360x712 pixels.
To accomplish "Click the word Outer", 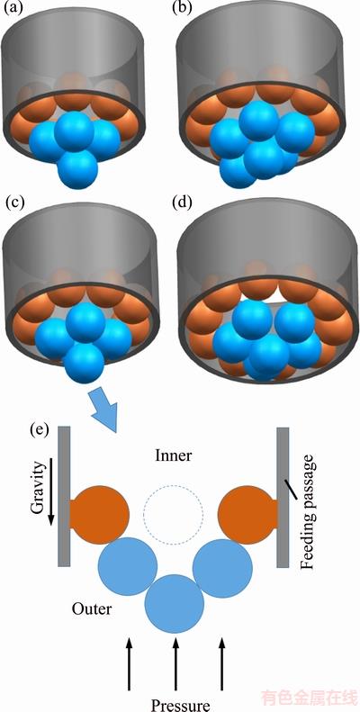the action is [91, 608].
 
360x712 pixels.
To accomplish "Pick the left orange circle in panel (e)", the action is [99, 515].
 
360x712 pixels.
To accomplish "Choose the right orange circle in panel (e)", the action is [247, 515].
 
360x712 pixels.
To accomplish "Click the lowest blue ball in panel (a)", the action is [78, 169].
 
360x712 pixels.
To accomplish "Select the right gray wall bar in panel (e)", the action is [283, 497].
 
